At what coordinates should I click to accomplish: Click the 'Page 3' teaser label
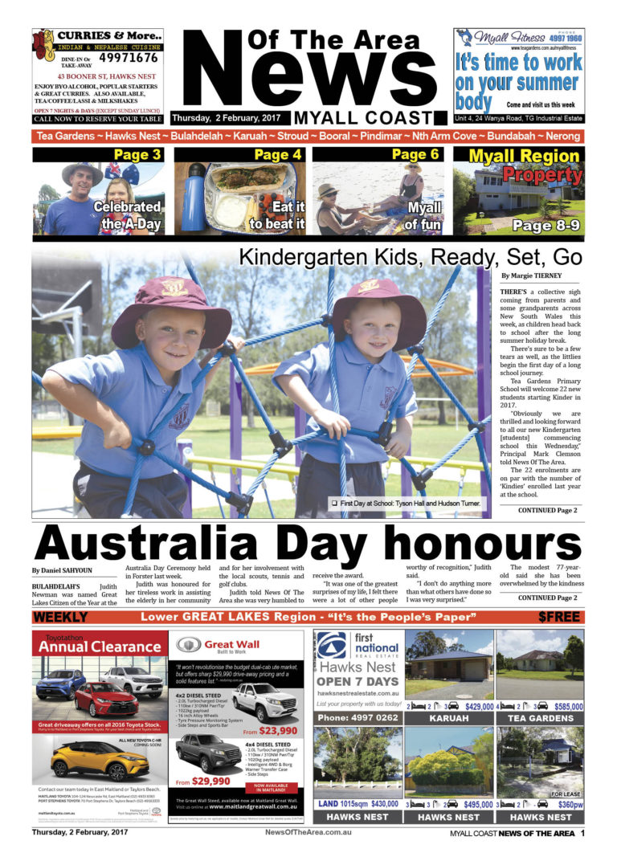[x=137, y=155]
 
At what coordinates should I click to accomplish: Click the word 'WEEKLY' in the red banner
[x=61, y=618]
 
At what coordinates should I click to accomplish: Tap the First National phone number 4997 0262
[x=355, y=717]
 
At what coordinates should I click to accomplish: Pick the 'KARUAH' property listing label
[x=448, y=718]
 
